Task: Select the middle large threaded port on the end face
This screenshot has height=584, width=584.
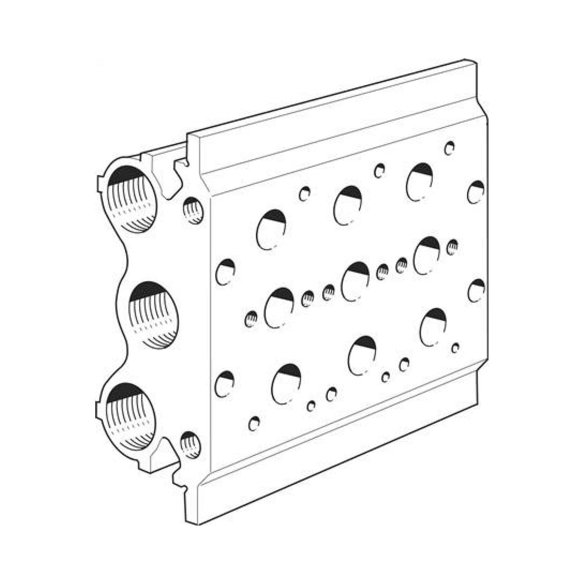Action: coord(153,315)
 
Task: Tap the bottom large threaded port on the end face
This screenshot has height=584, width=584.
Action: coord(131,417)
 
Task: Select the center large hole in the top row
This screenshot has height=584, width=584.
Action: coord(347,206)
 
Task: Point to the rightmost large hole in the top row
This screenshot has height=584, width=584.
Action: coord(419,182)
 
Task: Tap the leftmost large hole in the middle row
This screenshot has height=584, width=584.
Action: coord(279,308)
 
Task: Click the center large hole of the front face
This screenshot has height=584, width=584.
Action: coord(355,282)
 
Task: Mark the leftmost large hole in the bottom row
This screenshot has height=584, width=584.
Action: coord(286,384)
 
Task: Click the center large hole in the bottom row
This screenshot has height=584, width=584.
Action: coord(362,356)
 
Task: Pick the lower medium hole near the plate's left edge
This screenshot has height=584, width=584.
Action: coord(225,384)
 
